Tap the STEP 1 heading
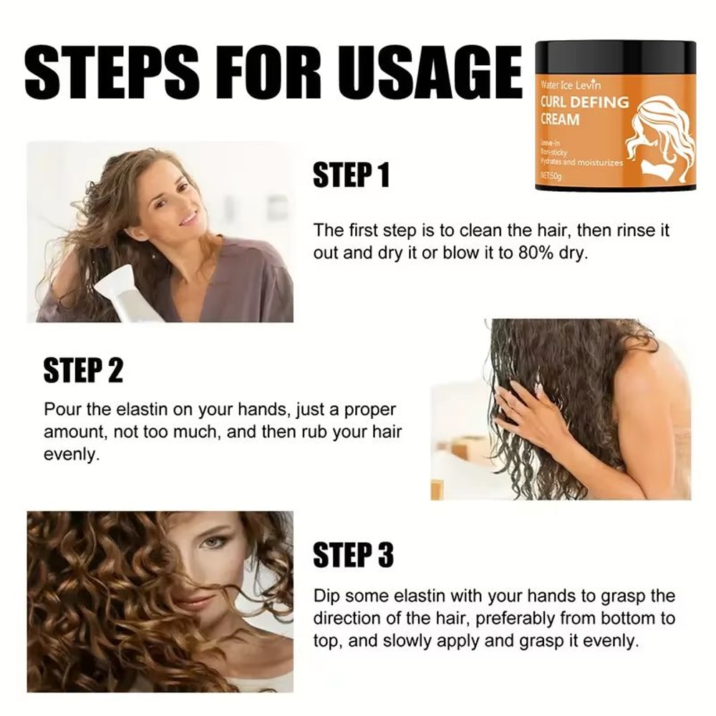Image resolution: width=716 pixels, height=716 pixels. click(x=351, y=175)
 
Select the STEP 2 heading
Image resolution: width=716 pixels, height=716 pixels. click(x=83, y=371)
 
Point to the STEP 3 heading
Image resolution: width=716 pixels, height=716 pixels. click(x=353, y=555)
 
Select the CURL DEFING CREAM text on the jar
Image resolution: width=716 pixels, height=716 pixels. click(x=583, y=110)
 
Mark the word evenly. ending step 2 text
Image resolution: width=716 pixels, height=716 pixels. click(x=69, y=455)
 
